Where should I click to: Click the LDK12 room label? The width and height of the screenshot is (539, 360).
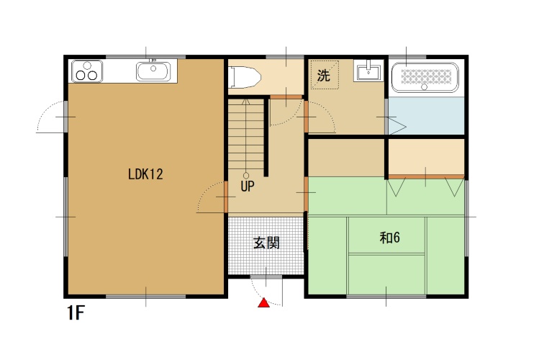tap(145, 174)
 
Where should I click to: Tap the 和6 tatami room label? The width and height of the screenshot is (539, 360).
tap(390, 238)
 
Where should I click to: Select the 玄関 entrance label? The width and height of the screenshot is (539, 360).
tap(266, 243)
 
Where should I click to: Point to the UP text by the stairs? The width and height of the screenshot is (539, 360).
tap(248, 186)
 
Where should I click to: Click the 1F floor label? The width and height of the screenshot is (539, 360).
tap(76, 313)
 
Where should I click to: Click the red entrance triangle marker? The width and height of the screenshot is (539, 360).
tap(263, 302)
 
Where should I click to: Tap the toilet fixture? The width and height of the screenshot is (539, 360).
tap(245, 77)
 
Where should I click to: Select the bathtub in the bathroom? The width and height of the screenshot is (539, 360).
tap(425, 77)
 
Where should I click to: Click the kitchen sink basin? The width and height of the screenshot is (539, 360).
tap(153, 71)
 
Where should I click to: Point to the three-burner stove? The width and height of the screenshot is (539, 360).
tap(87, 71)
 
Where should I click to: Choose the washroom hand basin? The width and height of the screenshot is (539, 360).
tap(368, 73)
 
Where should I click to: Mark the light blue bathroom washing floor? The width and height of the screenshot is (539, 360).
tap(426, 115)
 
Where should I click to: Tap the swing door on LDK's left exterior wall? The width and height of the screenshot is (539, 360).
tap(52, 117)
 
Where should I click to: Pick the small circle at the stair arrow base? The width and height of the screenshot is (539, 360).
tap(246, 176)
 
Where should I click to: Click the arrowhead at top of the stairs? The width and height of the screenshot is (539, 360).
tap(246, 102)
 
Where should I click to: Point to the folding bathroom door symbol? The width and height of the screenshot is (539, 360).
tap(397, 125)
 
